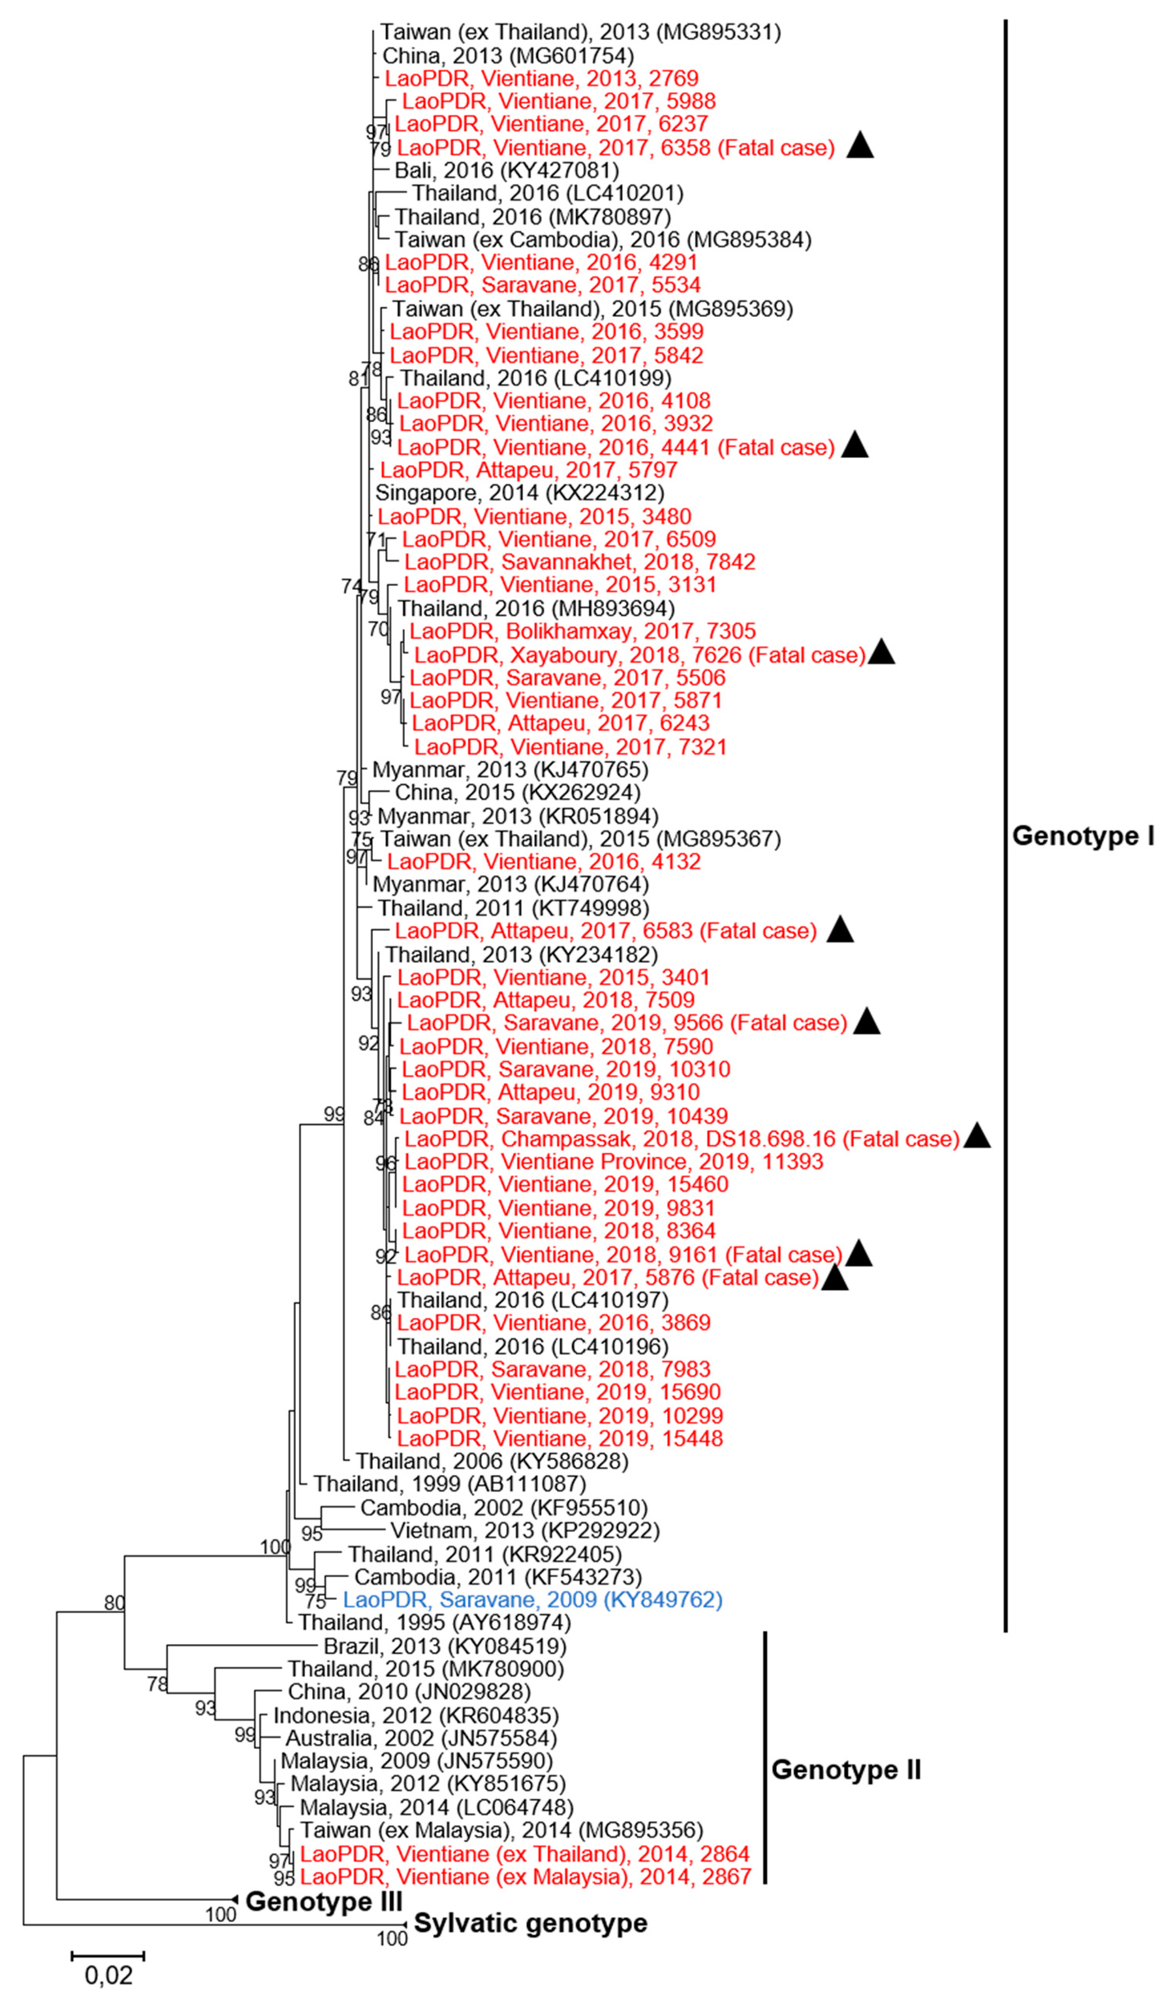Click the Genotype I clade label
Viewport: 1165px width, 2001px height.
tap(1082, 836)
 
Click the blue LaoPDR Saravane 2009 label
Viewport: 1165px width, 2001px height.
tap(532, 1600)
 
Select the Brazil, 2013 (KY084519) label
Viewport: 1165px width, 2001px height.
tap(445, 1646)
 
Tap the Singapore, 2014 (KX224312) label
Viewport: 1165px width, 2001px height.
tap(519, 493)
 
